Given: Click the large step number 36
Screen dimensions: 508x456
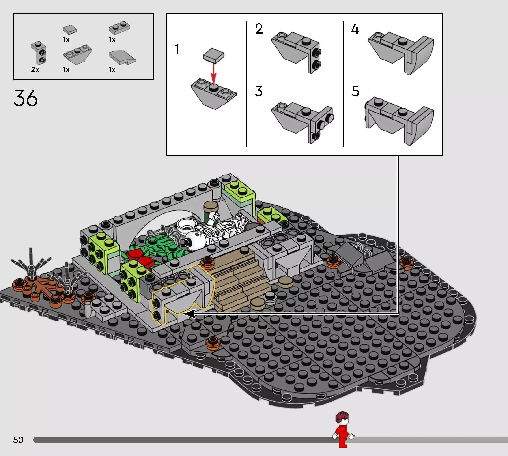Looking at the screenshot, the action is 26,98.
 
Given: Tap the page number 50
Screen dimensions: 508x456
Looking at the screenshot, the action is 18,440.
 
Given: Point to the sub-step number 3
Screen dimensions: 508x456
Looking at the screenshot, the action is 259,91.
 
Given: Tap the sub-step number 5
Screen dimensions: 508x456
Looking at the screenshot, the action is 355,91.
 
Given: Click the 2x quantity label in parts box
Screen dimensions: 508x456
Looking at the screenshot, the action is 35,70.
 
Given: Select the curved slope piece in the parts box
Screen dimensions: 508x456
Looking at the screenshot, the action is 122,58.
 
